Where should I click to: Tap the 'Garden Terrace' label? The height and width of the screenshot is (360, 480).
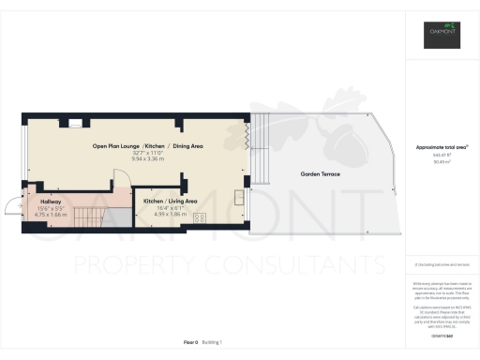(x=320, y=175)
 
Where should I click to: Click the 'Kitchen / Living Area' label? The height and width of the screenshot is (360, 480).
(x=170, y=201)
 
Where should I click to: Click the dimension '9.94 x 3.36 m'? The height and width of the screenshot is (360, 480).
(x=147, y=159)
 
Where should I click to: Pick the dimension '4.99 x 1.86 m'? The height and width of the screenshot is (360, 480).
(x=170, y=215)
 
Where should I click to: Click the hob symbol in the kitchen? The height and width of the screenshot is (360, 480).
(x=200, y=217)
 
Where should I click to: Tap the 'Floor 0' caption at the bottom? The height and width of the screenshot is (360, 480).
(x=189, y=343)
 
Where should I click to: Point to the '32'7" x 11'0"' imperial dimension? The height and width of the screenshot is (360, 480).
(x=147, y=153)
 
